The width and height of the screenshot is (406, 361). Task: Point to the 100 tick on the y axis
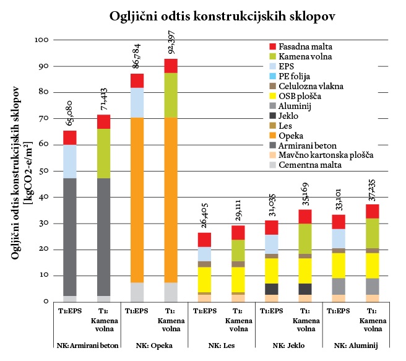[x=41, y=40]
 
